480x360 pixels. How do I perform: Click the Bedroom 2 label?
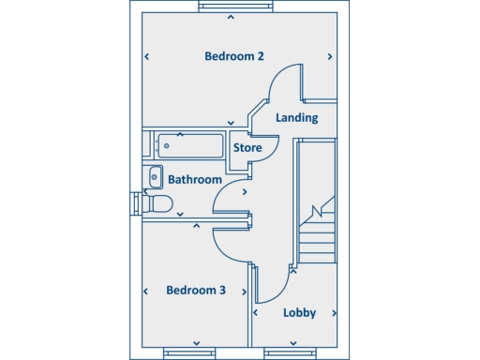tap(233, 56)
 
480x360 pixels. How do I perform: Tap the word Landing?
tap(297, 118)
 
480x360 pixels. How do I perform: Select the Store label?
tap(247, 148)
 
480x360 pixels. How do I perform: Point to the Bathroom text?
tap(195, 179)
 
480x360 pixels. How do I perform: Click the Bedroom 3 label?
tap(196, 290)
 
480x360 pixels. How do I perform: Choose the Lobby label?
tap(300, 312)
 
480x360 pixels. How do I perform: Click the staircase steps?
tap(317, 234)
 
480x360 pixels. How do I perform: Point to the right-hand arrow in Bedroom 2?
tap(330, 57)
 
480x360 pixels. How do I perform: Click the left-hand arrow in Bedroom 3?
tap(147, 291)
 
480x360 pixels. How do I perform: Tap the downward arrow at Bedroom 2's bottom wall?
tap(232, 122)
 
